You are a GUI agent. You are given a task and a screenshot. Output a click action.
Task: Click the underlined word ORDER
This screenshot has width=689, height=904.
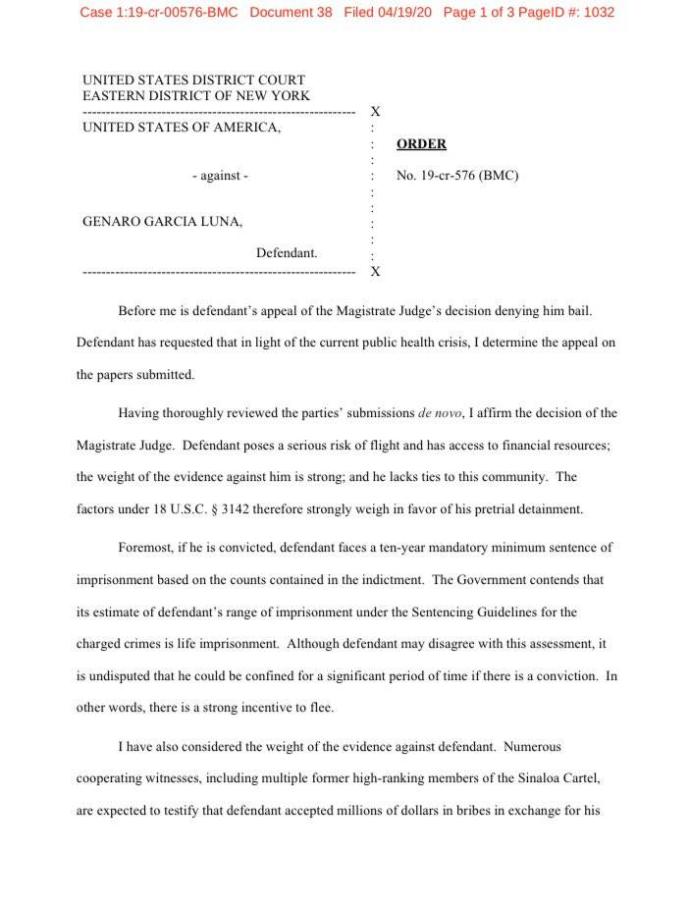coord(421,144)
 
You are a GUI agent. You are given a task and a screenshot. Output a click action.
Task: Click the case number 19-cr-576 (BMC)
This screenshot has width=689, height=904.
coord(456,176)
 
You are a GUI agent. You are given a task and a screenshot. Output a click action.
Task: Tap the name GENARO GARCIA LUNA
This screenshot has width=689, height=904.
coord(162,222)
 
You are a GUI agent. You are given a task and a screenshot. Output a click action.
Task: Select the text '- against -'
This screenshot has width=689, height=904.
coord(220,176)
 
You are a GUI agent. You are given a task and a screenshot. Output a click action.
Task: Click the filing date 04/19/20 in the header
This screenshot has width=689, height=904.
coord(403,13)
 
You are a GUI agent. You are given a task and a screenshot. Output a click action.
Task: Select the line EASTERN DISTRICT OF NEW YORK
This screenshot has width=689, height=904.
coord(196,96)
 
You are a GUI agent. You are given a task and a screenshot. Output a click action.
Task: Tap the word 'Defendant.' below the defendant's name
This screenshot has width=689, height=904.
coord(287,253)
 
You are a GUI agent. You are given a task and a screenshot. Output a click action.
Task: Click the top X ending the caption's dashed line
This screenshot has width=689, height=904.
coord(375,112)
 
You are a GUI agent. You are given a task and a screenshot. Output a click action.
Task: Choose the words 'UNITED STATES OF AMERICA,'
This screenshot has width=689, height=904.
coord(182,127)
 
